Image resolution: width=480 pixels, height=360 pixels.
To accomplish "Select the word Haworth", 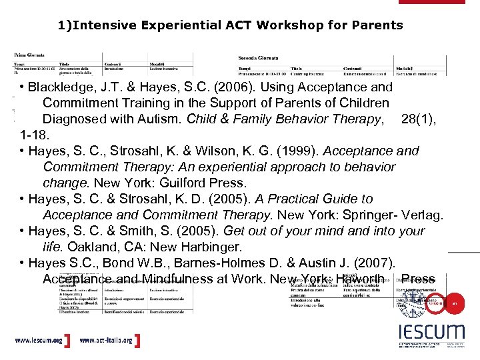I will [x=361, y=279].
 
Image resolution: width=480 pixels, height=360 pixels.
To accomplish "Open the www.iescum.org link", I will [x=39, y=341].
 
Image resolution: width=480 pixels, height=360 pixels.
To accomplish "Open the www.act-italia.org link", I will [x=105, y=341].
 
